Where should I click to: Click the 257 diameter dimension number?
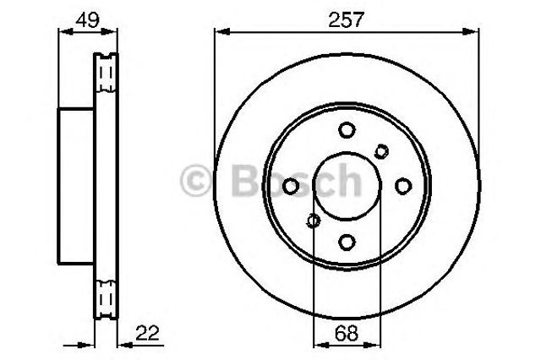point(346,19)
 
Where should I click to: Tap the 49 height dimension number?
point(88,19)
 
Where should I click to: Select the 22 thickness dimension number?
point(147,334)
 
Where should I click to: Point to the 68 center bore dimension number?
point(346,334)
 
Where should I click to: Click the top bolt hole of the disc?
point(347,130)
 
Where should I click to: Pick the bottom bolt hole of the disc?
point(347,242)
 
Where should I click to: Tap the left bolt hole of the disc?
point(291,186)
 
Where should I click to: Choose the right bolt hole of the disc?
point(403,186)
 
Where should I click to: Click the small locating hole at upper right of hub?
point(381,151)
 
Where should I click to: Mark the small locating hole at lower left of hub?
point(314,221)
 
